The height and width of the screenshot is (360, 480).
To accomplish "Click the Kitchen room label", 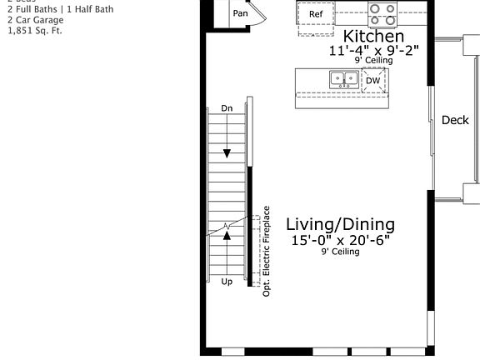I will pos(373,37).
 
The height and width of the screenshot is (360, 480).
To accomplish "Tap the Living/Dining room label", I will pos(340,224).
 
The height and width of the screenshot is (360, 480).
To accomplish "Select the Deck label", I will pos(455,120).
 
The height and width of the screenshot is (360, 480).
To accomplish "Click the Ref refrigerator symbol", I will pos(316,15).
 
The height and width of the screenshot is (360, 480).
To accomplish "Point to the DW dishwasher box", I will pos(372,81).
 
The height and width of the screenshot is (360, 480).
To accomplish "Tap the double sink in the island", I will pos(343,79).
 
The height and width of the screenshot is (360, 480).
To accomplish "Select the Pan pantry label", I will pos(241,13).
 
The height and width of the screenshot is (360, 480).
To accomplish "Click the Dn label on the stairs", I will pos(227,108).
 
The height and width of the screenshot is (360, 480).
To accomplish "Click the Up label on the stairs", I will pos(227,282).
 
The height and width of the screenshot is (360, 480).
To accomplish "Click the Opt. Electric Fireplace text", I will pos(267,251).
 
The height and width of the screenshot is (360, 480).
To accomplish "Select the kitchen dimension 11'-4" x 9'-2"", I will pos(373,51).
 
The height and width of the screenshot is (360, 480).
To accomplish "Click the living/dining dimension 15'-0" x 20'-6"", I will pos(340,240).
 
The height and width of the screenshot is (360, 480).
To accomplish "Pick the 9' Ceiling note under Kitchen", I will pos(373,61).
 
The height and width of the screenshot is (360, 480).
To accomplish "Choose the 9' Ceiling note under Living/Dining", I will pos(340,252).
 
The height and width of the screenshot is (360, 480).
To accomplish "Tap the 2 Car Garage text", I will pos(35,20).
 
